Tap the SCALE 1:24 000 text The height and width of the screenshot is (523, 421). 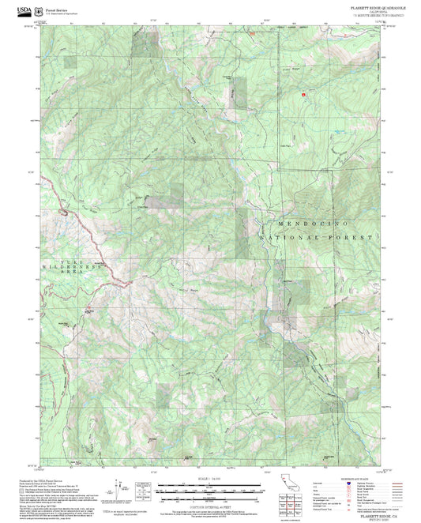click(210, 479)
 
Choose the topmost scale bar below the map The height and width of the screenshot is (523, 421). click(210, 484)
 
